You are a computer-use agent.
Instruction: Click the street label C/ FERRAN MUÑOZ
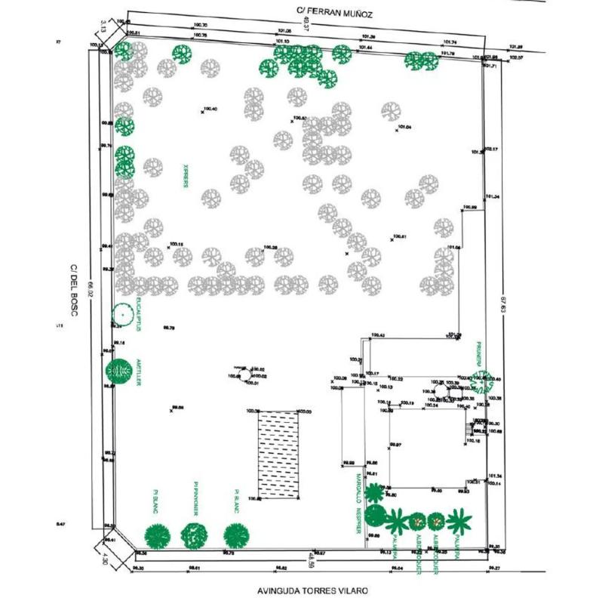pos(336,13)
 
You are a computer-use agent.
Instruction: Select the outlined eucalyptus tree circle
pos(121,314)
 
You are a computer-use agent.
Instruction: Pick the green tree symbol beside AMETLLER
pos(119,371)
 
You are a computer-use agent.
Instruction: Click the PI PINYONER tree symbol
pos(195,535)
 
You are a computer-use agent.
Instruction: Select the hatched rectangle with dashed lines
pos(278,455)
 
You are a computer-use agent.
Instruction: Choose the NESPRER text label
pos(358,520)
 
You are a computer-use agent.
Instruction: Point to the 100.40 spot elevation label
pos(210,109)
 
